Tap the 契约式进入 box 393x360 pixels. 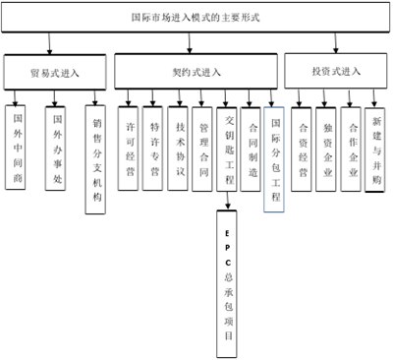[197, 72]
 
